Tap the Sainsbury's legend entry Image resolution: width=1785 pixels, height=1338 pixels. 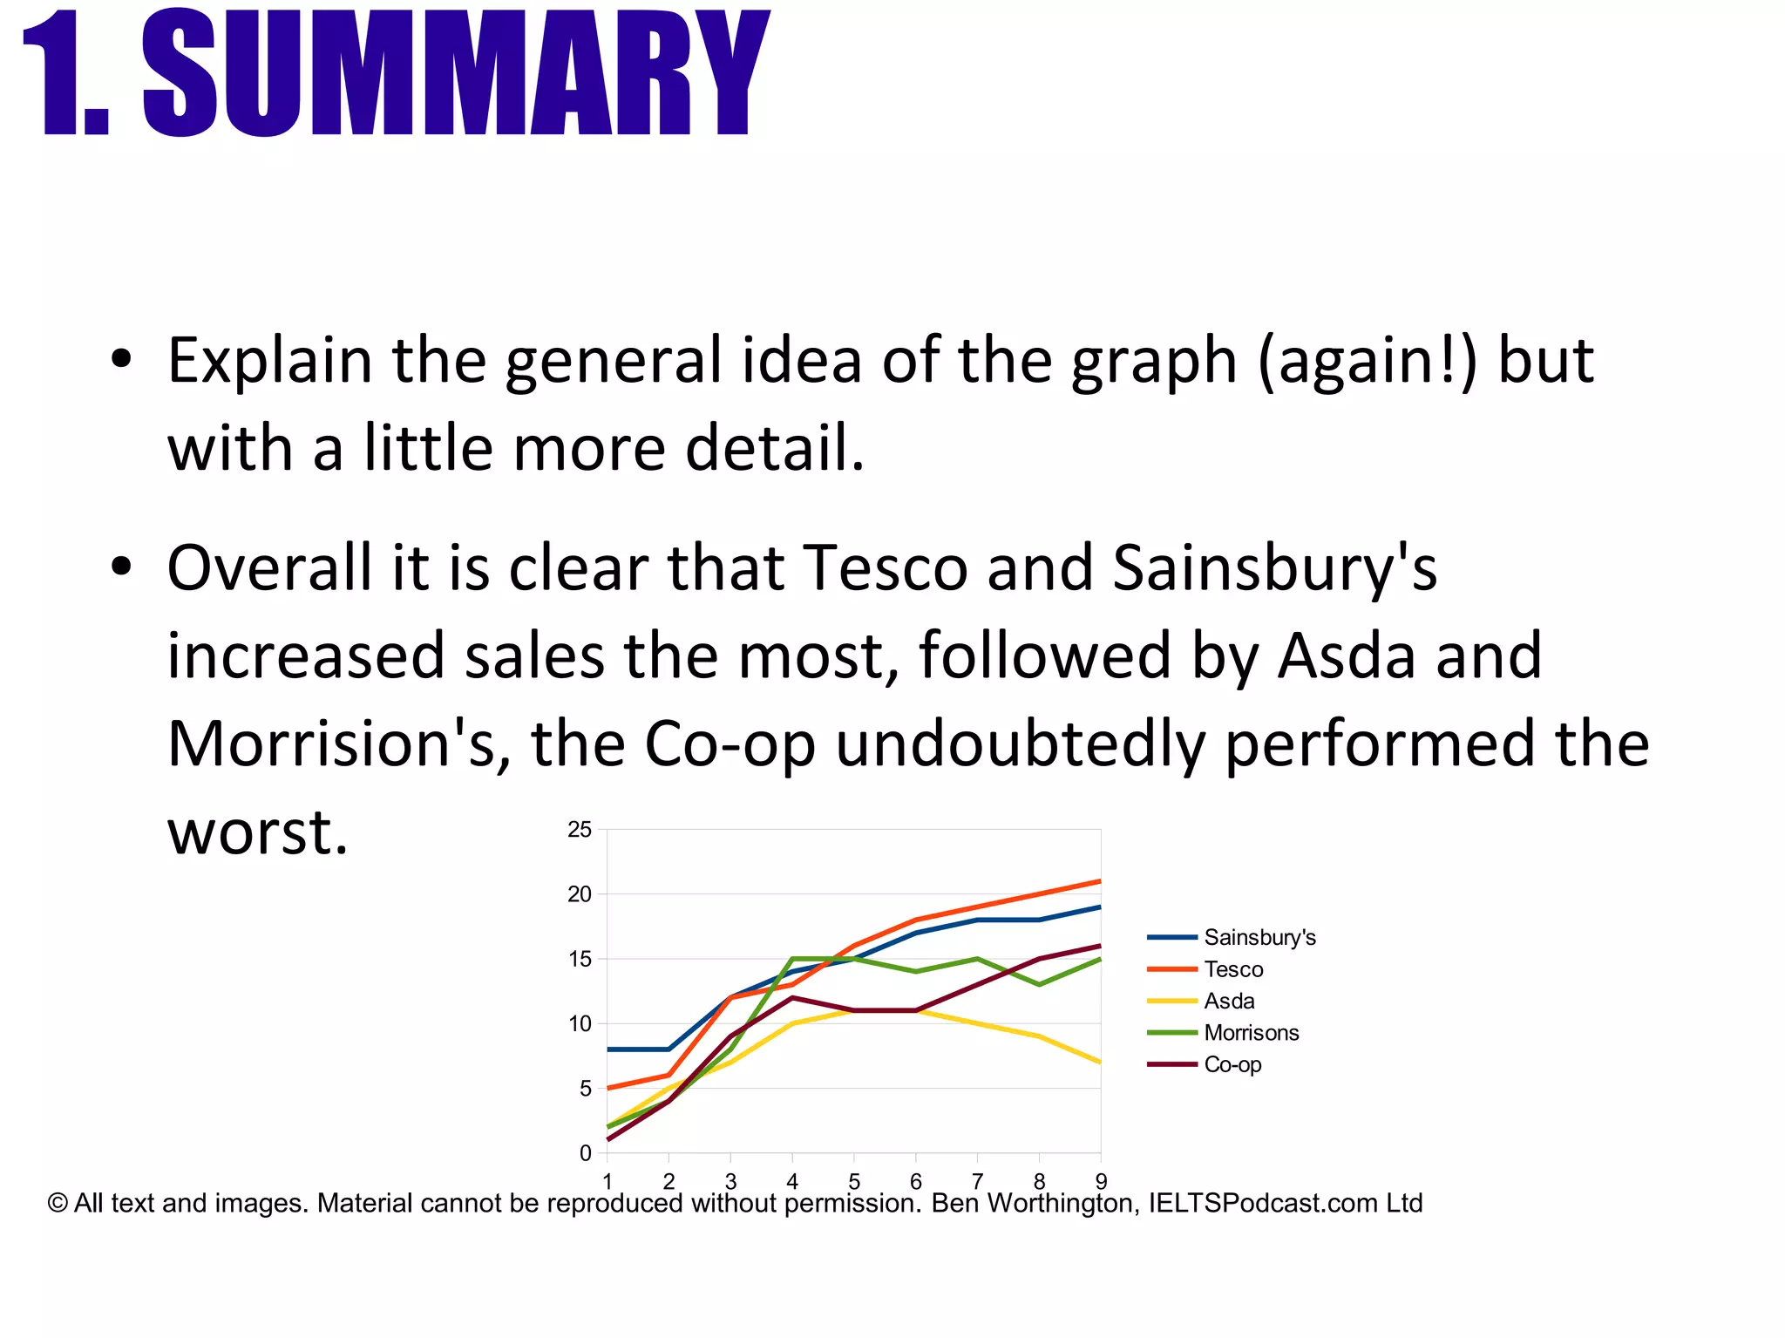[x=1259, y=937]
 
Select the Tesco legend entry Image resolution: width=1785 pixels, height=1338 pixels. [x=1233, y=969]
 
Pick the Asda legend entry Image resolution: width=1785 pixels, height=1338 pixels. [x=1229, y=1001]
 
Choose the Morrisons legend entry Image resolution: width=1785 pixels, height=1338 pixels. [x=1251, y=1033]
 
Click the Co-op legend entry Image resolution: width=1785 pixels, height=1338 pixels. [x=1232, y=1064]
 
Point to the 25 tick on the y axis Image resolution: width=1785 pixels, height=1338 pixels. [x=580, y=830]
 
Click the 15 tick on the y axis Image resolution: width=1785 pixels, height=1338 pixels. [x=580, y=960]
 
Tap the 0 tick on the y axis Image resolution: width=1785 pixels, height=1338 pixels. [x=585, y=1153]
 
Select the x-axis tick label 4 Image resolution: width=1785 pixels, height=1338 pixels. [x=792, y=1182]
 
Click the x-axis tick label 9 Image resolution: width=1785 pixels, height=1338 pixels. [x=1101, y=1182]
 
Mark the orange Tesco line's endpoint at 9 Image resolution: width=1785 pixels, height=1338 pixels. [x=1100, y=881]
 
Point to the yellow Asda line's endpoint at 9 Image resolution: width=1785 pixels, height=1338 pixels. [x=1100, y=1062]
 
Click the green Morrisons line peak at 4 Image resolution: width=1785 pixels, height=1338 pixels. [x=792, y=959]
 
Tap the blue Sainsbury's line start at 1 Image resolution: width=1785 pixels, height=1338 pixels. [x=608, y=1049]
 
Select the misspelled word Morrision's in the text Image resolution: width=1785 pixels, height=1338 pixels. [x=330, y=744]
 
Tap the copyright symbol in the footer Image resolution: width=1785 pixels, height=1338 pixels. [x=58, y=1204]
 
